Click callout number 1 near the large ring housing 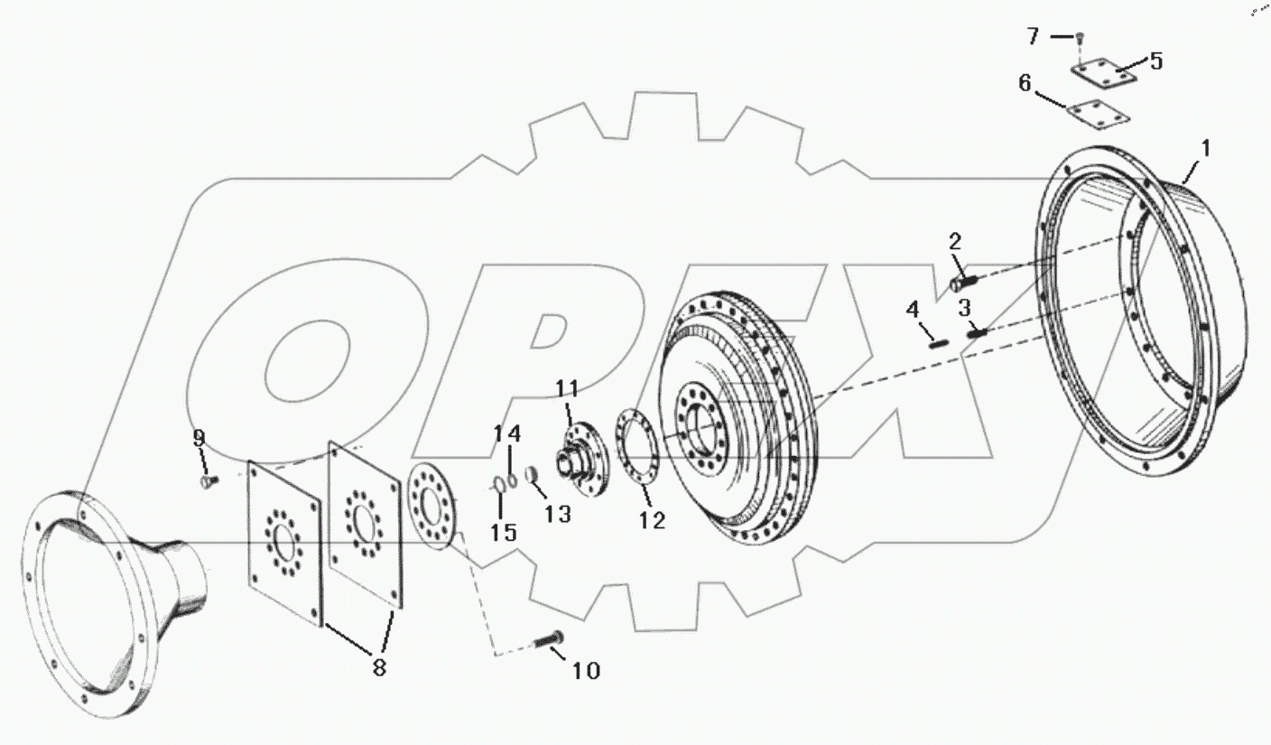1205,148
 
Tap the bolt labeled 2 959,282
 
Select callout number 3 965,307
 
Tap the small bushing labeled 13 532,474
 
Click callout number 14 507,433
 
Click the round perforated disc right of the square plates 433,506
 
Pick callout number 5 1155,61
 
